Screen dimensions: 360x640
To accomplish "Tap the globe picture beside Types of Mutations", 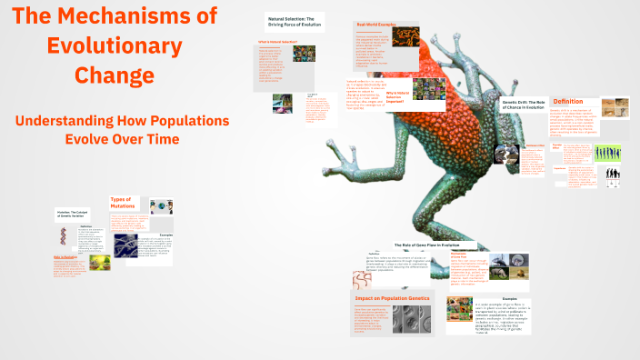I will coord(161,206).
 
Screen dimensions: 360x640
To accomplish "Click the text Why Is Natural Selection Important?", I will coord(402,95).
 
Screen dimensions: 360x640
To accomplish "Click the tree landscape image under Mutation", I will coord(100,262).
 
